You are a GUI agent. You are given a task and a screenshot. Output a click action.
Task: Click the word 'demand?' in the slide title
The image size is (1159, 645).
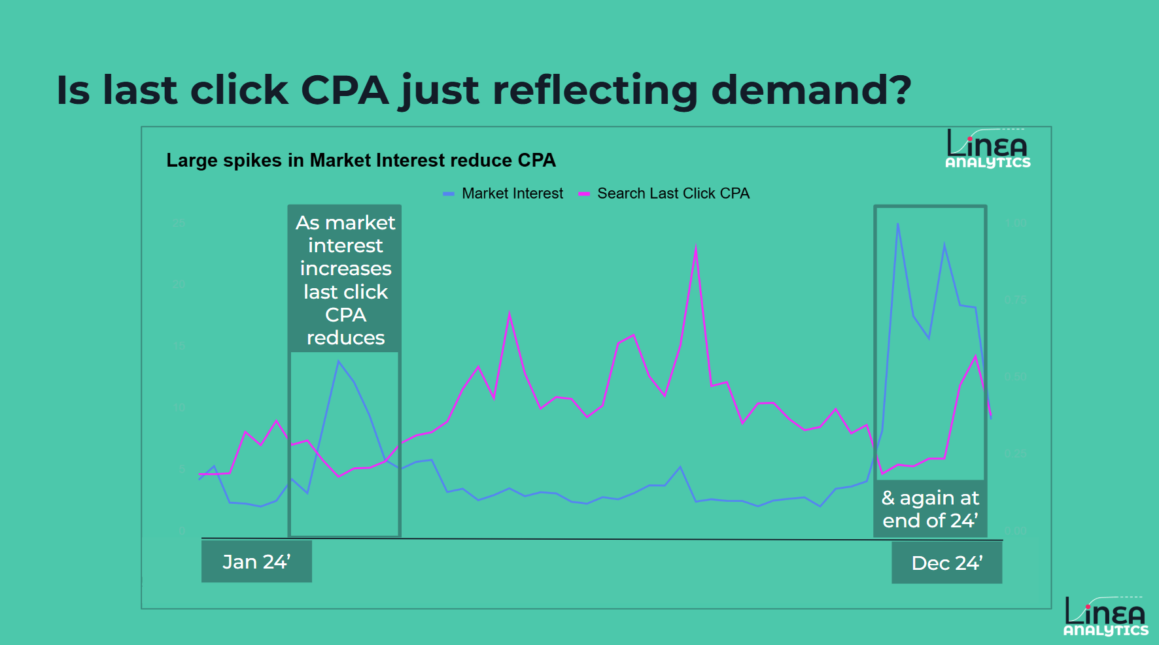[810, 90]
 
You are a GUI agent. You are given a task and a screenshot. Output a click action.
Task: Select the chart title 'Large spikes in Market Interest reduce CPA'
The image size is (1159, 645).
[360, 160]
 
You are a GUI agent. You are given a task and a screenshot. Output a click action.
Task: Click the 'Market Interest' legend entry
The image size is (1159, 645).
[511, 193]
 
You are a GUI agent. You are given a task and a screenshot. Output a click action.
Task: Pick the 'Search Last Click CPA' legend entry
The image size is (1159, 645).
[672, 193]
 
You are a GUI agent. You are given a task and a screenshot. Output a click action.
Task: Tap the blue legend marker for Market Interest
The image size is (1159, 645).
[449, 194]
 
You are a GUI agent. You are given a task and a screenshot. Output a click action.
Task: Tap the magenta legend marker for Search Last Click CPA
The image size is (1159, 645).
[584, 194]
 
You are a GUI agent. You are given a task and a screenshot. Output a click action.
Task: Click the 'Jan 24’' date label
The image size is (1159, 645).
[256, 561]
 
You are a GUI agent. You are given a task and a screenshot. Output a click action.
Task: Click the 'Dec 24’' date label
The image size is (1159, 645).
[946, 563]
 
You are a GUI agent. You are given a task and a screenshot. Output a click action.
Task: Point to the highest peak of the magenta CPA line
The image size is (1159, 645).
[696, 247]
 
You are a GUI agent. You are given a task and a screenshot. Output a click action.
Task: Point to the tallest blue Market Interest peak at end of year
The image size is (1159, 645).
[898, 224]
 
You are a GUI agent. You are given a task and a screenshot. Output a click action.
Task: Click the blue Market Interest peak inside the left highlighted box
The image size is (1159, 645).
[338, 361]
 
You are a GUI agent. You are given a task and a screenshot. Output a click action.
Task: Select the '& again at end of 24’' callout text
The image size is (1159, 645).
[930, 509]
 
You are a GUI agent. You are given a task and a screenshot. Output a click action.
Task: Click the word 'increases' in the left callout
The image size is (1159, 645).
[345, 269]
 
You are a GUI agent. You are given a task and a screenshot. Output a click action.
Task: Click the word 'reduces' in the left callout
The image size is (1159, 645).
[345, 338]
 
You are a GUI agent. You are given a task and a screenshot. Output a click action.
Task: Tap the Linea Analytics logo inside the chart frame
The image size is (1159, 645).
[987, 149]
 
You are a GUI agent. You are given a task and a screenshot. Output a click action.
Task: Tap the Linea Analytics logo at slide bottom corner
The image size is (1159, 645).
[1105, 616]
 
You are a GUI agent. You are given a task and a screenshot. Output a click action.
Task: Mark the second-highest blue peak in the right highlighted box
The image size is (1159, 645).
[944, 244]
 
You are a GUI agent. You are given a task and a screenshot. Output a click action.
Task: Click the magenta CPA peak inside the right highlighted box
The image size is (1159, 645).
[975, 356]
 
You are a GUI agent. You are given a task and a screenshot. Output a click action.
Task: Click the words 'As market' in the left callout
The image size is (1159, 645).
[345, 223]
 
